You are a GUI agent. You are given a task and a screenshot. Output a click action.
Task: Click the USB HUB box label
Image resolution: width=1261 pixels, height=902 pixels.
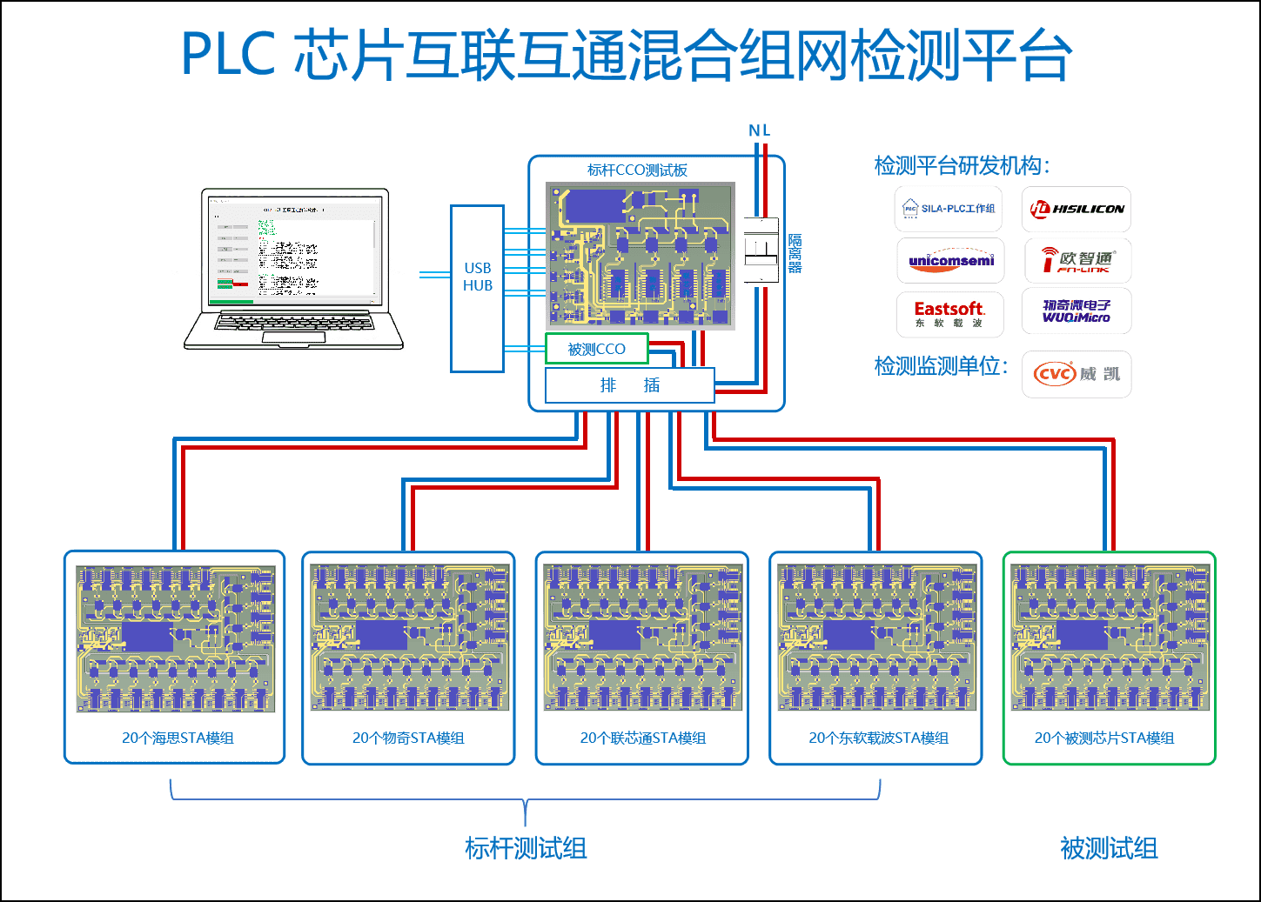(x=477, y=277)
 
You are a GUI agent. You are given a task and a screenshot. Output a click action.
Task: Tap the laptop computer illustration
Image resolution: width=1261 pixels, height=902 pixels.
(x=294, y=267)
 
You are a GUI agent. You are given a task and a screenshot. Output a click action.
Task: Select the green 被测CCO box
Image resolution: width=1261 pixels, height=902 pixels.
(x=597, y=349)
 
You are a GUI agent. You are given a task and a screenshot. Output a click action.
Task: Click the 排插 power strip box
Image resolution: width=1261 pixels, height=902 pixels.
(x=629, y=385)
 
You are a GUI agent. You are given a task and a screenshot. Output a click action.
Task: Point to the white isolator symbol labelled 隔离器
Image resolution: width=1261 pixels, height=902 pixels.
(x=760, y=251)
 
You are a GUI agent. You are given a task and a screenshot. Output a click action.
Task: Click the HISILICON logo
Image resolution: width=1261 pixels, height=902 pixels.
(x=1076, y=209)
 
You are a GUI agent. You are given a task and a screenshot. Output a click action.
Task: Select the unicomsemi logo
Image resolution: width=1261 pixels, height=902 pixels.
(x=950, y=260)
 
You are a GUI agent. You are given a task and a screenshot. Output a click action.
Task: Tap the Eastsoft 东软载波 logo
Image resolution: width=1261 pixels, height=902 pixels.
(x=949, y=314)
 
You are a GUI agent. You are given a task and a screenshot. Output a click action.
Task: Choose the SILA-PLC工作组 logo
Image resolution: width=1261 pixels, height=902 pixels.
(x=949, y=209)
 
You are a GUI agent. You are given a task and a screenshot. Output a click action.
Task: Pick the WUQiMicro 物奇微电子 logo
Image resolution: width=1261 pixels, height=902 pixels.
(x=1077, y=311)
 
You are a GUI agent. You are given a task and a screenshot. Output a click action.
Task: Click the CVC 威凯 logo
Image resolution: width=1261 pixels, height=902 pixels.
(x=1077, y=374)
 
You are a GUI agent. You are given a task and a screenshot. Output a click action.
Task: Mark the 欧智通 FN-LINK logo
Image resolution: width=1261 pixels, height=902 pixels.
(x=1077, y=260)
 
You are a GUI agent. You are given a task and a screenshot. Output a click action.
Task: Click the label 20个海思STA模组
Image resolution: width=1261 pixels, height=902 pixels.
(x=178, y=738)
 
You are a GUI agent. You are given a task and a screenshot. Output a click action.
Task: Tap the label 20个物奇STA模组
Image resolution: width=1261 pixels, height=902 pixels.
(x=408, y=738)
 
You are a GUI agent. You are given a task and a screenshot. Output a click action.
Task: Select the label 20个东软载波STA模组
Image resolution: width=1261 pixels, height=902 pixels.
(x=878, y=738)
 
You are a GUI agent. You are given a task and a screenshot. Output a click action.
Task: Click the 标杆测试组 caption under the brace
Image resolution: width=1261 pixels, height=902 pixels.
(x=526, y=848)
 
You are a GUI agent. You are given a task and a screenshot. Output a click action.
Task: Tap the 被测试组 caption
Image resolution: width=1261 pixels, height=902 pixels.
(x=1109, y=848)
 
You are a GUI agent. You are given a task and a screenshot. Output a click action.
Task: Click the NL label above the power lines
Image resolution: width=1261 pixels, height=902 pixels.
(x=759, y=130)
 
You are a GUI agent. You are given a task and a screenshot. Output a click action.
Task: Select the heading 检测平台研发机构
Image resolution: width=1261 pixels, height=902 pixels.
(x=961, y=165)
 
